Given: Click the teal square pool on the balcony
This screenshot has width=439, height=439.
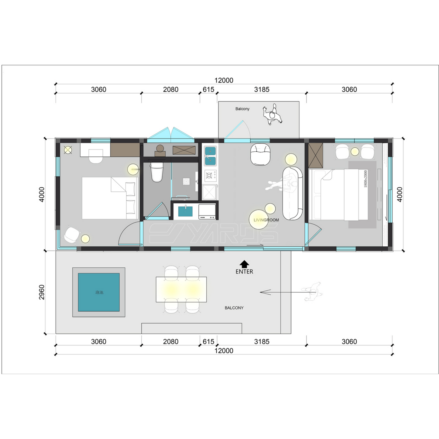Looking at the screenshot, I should [x=99, y=292].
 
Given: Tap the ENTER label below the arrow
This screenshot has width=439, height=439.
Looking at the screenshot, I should [x=244, y=272].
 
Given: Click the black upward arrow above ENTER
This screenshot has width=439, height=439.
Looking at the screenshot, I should [x=244, y=264].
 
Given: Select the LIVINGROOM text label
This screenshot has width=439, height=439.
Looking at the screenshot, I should [x=266, y=220].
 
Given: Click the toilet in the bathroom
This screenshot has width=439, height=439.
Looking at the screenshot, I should [x=157, y=172].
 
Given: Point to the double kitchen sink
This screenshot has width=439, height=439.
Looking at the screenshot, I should [x=210, y=156].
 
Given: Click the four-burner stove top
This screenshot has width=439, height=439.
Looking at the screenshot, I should [x=210, y=176].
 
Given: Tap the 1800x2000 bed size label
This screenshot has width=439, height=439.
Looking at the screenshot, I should [x=365, y=179].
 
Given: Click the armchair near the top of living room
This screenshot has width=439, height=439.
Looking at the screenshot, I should [x=260, y=154].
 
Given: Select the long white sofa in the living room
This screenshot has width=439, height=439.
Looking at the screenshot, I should [x=293, y=193].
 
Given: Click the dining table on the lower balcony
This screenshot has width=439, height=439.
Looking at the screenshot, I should [x=181, y=289].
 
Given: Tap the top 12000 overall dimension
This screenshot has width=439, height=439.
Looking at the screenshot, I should [x=224, y=81].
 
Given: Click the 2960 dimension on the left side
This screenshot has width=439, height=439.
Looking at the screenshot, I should [x=42, y=292].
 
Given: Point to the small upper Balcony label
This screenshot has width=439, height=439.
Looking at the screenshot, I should [x=242, y=109].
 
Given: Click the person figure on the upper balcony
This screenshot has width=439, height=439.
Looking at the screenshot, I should [x=273, y=115].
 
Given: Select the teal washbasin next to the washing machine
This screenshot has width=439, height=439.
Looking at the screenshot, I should [x=185, y=211].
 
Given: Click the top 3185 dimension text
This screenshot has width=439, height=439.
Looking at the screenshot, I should [x=262, y=90].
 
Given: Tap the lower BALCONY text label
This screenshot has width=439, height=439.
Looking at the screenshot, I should [x=234, y=308].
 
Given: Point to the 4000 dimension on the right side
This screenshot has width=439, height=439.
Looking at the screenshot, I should [x=400, y=194].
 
